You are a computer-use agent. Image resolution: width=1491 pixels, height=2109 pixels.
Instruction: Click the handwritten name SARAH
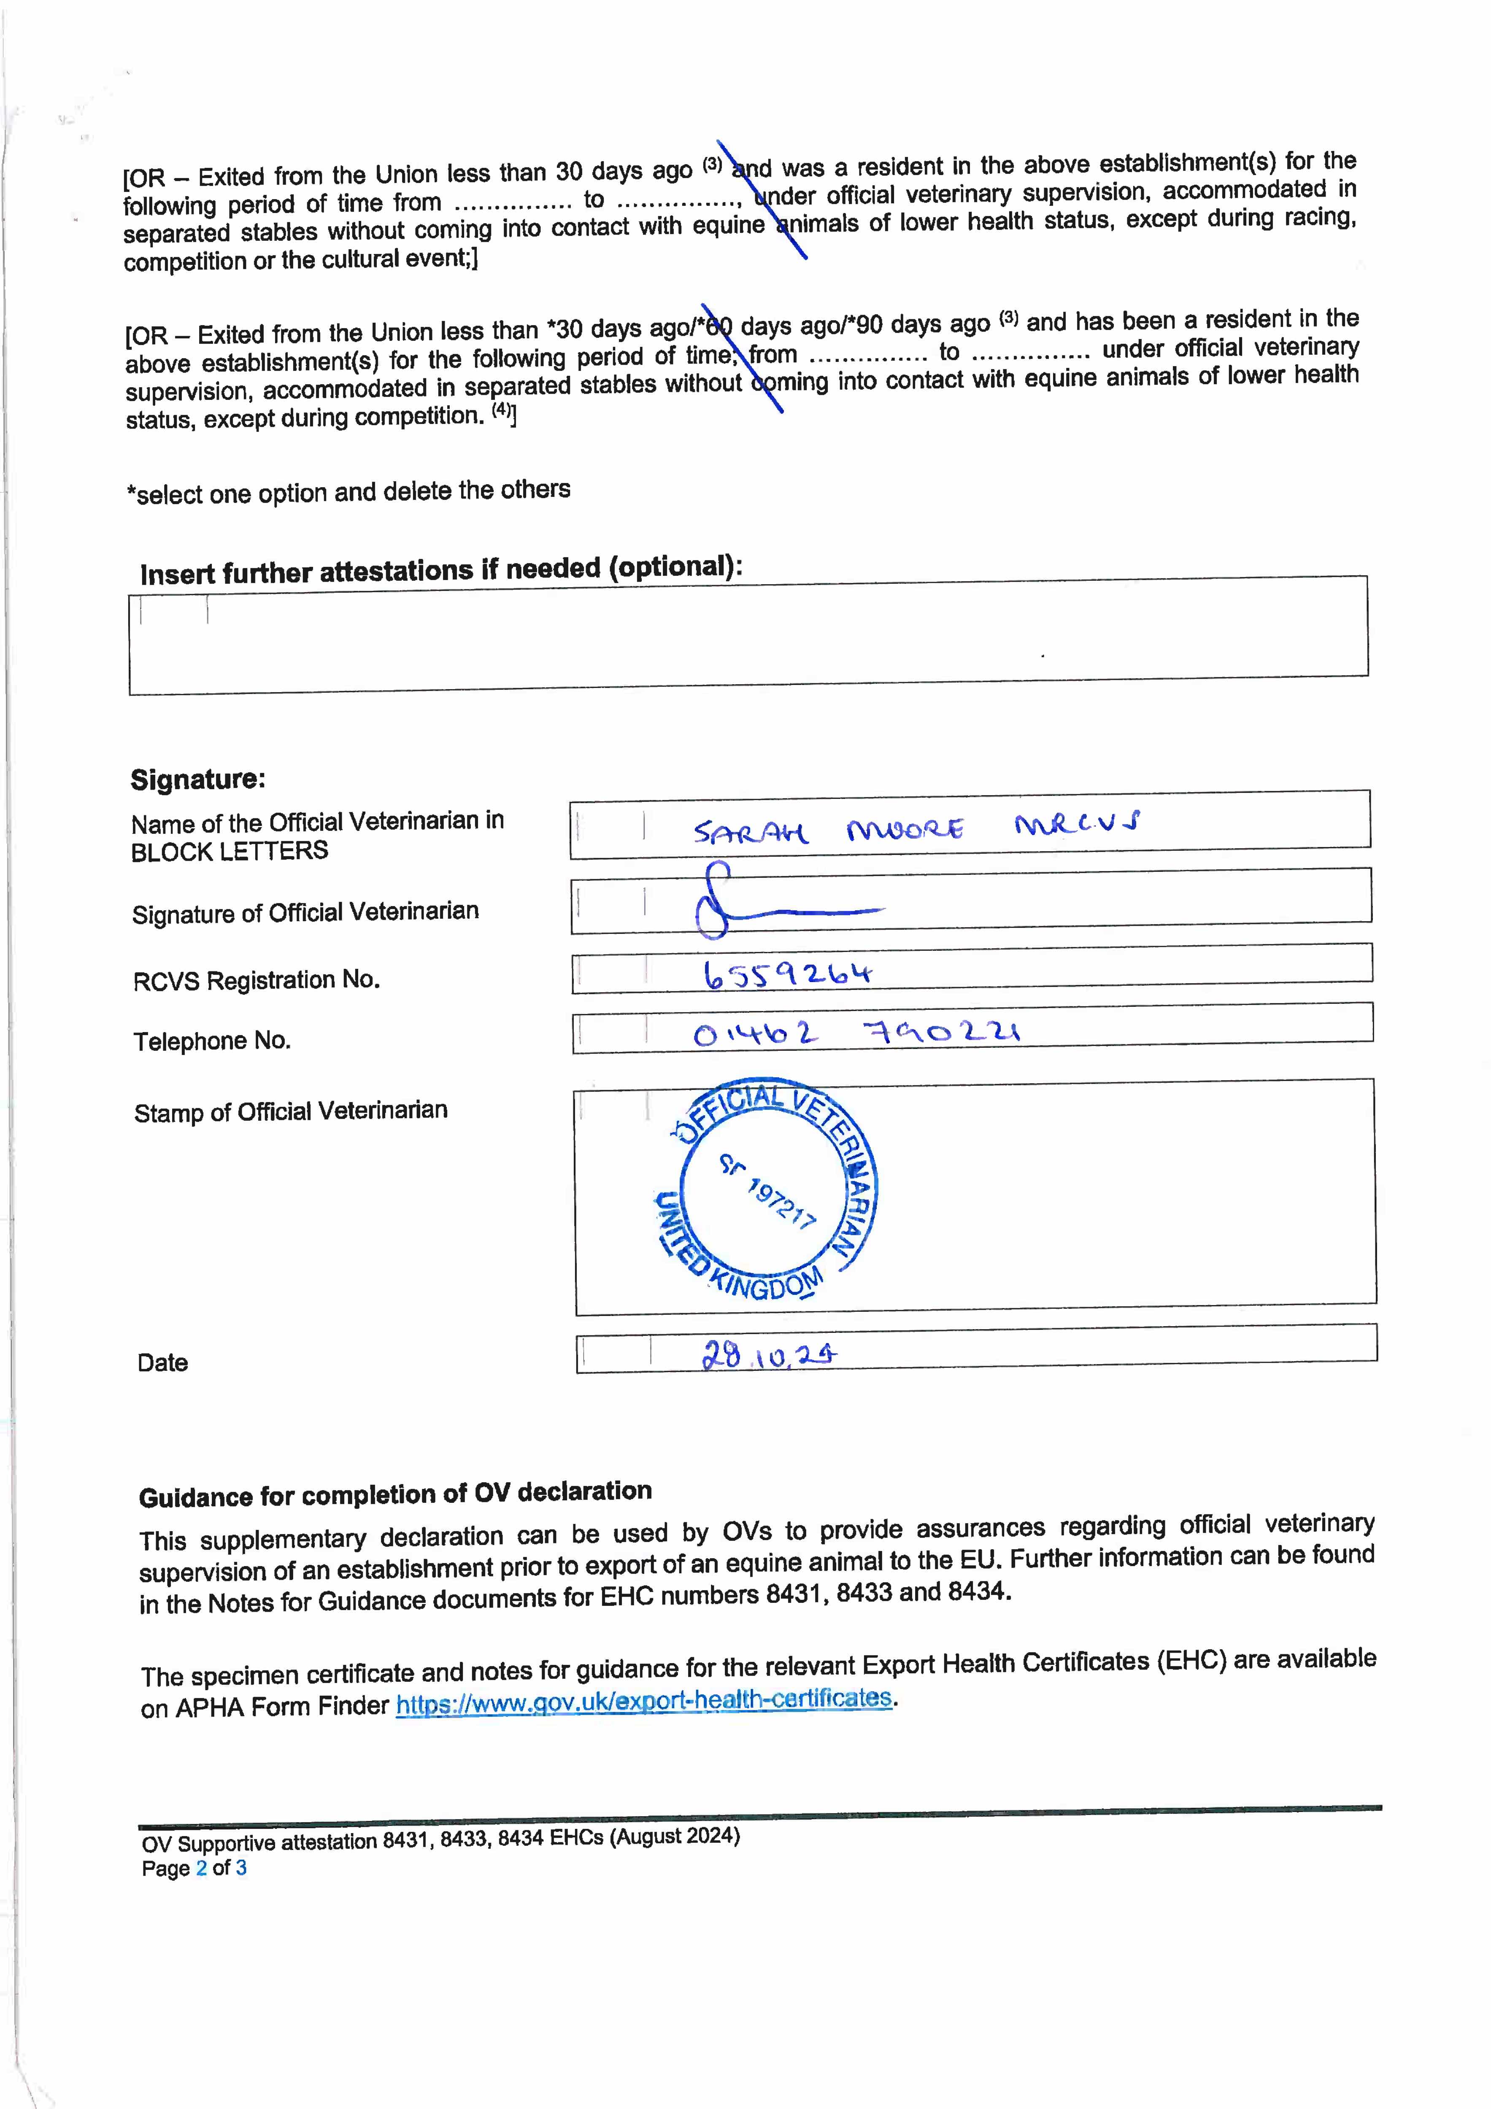click(x=750, y=832)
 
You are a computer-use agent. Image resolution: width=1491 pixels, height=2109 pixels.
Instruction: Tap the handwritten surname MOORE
click(x=905, y=829)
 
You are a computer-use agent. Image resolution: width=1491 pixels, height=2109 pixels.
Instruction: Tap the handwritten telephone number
click(x=856, y=1034)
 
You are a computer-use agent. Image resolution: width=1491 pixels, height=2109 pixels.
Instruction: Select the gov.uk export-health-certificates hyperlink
click(x=644, y=1701)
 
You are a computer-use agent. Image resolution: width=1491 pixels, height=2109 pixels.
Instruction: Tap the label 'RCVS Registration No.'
click(x=257, y=981)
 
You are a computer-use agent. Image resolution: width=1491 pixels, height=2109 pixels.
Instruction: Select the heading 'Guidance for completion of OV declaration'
click(x=395, y=1494)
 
